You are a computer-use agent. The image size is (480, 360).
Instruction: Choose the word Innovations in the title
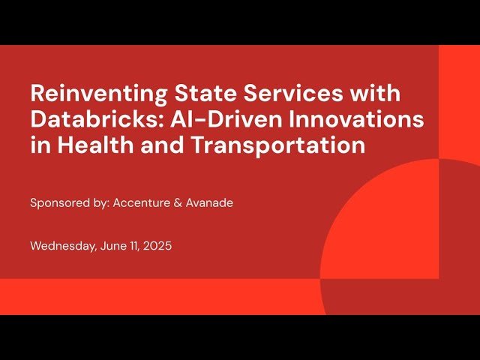pos(360,120)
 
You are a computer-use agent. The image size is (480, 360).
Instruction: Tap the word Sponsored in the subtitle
pos(58,202)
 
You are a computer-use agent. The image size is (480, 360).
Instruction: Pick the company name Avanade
pos(210,202)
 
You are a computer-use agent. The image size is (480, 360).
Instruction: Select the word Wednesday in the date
pos(62,245)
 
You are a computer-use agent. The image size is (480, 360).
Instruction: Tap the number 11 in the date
pos(134,245)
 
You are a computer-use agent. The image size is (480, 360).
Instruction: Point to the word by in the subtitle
pos(100,202)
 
